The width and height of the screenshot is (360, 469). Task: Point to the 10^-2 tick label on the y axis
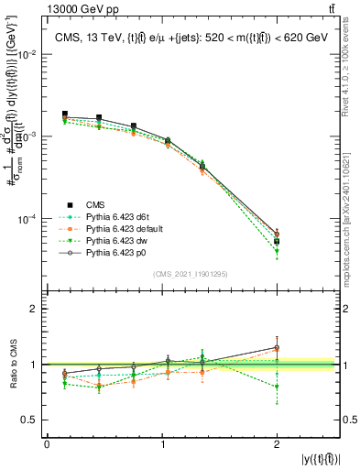pyautogui.click(x=27, y=55)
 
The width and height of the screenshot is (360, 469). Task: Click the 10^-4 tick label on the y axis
pyautogui.click(x=27, y=220)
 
